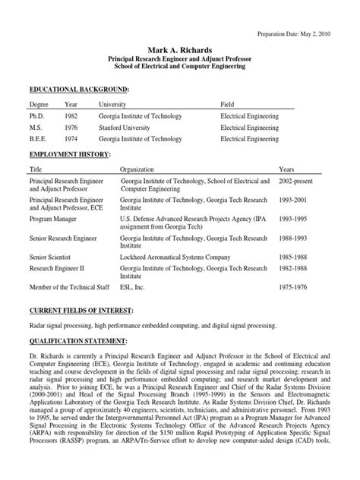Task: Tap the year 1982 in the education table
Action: tap(71, 116)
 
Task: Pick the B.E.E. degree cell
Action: tap(39, 141)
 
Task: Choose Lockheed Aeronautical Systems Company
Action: tap(175, 256)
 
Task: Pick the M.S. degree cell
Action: tap(36, 128)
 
